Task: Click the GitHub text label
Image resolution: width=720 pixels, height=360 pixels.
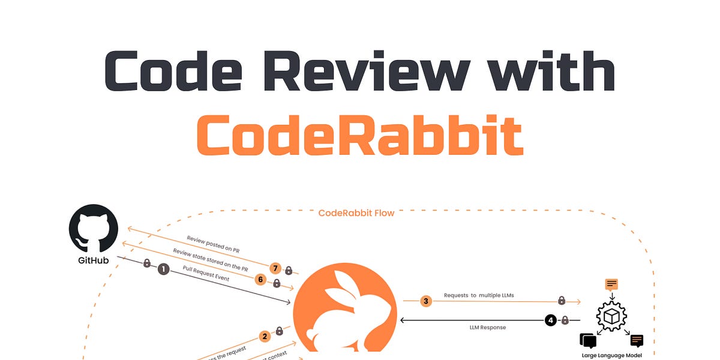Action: click(x=93, y=261)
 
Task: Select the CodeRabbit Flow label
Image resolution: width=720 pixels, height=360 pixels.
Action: click(x=356, y=213)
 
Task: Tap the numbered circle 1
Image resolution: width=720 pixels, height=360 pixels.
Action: click(x=163, y=269)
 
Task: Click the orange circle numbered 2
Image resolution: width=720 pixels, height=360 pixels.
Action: click(x=265, y=337)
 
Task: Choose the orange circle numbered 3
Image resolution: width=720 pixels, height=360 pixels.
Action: click(x=426, y=301)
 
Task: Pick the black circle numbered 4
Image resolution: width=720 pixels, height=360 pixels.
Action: click(x=550, y=320)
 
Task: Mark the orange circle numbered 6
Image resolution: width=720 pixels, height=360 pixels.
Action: click(x=260, y=279)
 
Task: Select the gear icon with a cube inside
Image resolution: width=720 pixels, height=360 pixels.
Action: click(x=611, y=316)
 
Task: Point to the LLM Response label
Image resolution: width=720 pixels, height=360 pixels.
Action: click(x=487, y=328)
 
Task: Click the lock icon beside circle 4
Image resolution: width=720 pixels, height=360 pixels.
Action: click(x=565, y=320)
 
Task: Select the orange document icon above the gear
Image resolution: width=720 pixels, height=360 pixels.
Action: click(x=611, y=284)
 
